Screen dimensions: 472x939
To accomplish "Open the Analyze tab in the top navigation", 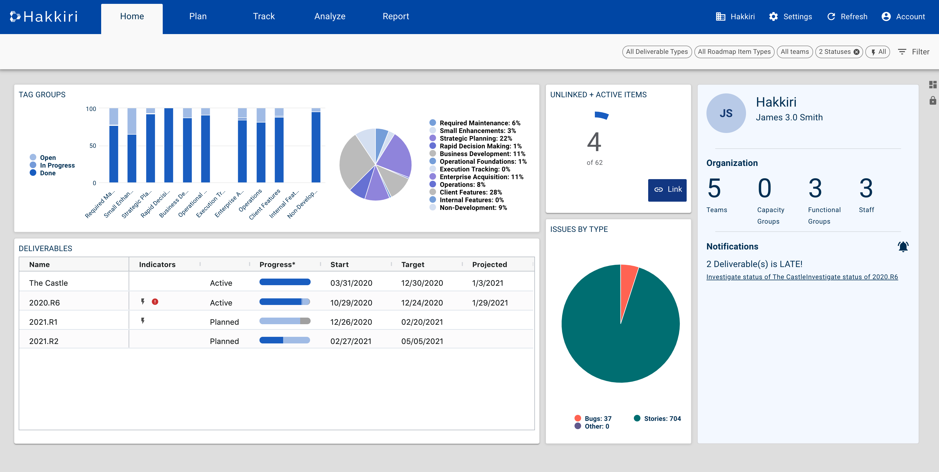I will (330, 16).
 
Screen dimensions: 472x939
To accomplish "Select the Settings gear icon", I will (773, 17).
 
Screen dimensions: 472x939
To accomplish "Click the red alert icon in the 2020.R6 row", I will (155, 302).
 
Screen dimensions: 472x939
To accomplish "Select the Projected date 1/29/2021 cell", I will (490, 303).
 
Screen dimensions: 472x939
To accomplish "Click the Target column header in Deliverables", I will (412, 264).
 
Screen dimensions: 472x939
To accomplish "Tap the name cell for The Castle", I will (48, 283).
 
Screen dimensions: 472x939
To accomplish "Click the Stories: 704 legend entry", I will (662, 418).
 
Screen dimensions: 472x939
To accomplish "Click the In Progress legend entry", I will (57, 165).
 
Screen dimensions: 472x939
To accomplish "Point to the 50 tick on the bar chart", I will (93, 146).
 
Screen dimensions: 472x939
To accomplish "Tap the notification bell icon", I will (903, 246).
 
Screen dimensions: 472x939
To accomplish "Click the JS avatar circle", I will (726, 113).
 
